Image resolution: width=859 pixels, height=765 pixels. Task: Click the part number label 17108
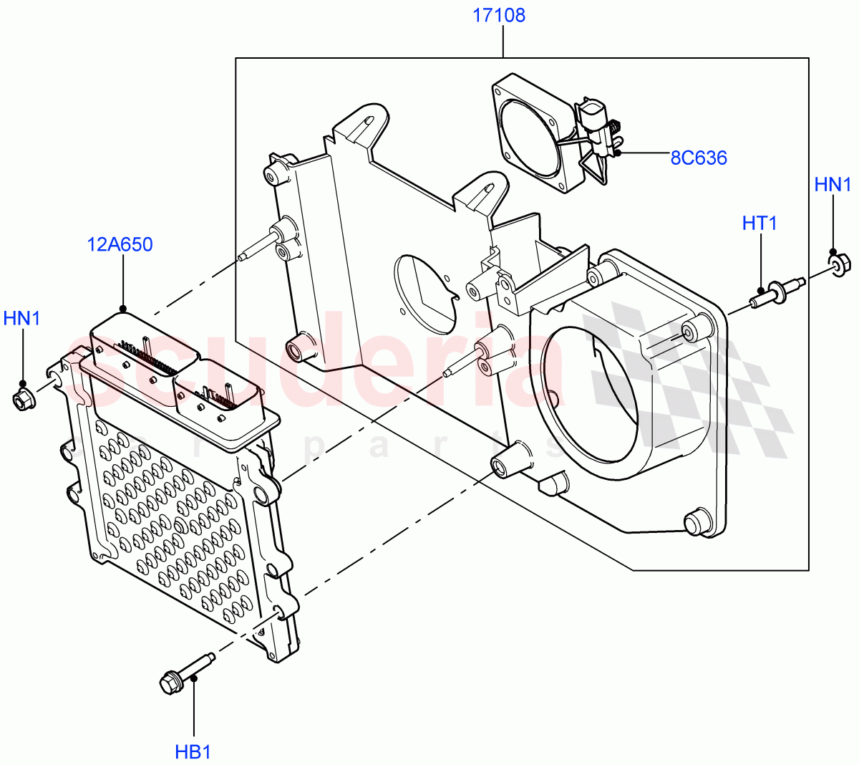(x=498, y=15)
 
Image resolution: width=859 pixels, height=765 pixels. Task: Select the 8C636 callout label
(x=698, y=158)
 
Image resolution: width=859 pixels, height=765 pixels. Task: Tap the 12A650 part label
(x=120, y=245)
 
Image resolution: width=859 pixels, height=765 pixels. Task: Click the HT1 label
(x=759, y=223)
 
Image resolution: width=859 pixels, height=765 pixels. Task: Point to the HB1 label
(x=193, y=752)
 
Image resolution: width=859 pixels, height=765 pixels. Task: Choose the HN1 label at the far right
(x=833, y=185)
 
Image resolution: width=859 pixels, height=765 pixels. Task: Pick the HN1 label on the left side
(x=22, y=318)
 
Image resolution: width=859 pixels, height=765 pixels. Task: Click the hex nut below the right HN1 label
(x=840, y=265)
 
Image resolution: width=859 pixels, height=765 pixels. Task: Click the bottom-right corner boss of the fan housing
(x=698, y=522)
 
